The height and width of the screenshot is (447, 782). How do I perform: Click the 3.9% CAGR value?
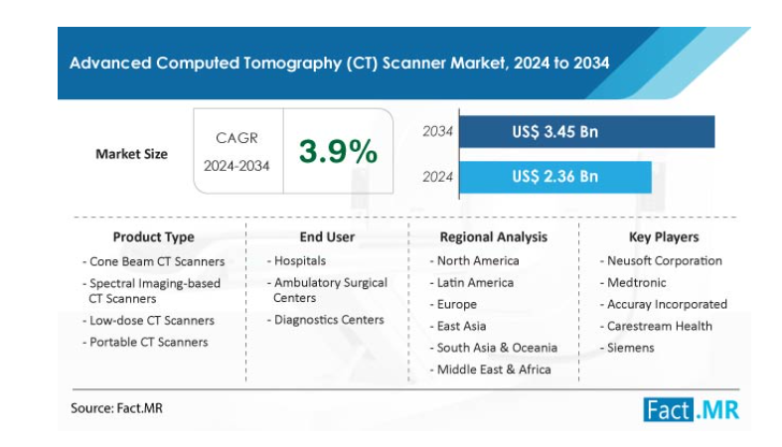339,152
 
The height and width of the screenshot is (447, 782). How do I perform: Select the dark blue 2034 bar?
586,132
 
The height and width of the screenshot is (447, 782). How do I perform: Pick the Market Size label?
131,154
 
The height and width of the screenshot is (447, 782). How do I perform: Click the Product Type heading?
153,237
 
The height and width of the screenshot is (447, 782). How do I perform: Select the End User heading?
327,237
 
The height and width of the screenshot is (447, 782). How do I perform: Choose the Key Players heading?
664,237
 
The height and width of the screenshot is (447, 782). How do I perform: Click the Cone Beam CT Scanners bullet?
156,261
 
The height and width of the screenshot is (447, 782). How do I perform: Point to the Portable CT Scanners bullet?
148,342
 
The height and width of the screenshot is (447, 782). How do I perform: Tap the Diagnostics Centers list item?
328,320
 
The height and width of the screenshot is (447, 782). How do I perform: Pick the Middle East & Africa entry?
494,370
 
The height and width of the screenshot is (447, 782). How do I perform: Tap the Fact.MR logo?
691,408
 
